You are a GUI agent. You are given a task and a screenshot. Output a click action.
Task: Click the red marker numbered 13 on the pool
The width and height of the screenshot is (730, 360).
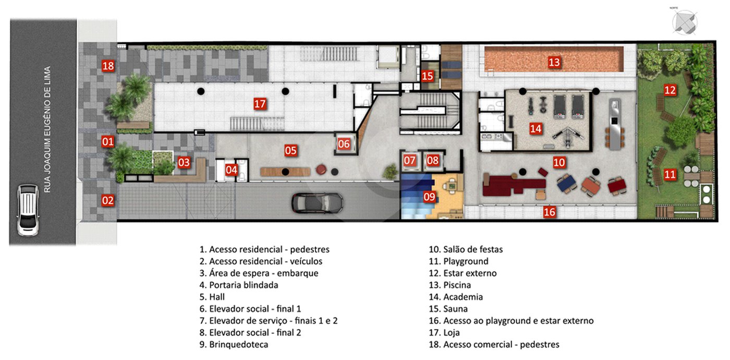click(554, 62)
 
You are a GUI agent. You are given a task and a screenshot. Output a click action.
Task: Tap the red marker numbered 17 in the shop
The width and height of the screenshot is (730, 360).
click(260, 104)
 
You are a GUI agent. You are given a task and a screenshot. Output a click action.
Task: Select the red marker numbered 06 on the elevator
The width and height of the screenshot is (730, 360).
click(344, 144)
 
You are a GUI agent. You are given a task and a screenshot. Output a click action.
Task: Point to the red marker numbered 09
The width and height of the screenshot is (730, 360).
click(429, 197)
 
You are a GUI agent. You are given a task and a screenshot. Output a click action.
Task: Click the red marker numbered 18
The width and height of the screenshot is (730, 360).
click(108, 66)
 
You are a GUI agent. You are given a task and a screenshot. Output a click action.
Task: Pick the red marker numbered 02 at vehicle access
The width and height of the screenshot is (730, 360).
click(107, 200)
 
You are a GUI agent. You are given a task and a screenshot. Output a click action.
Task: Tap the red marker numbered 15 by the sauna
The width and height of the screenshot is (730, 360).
click(427, 76)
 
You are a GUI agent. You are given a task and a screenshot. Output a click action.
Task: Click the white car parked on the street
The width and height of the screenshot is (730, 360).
click(28, 210)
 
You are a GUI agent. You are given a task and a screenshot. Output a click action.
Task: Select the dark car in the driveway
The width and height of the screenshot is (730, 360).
click(317, 203)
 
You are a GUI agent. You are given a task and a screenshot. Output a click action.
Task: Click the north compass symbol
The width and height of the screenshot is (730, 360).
click(684, 22)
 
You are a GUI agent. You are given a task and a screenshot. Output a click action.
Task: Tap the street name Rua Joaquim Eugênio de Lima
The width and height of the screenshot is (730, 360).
click(47, 129)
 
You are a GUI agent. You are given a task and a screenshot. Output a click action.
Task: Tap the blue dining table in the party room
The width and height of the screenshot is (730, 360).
click(567, 183)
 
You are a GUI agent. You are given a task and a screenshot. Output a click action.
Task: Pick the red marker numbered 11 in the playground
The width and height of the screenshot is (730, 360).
click(670, 174)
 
